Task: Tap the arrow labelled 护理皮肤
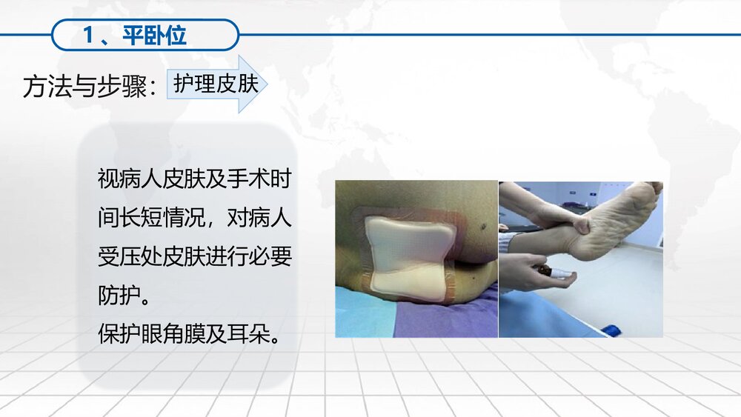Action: click(x=216, y=84)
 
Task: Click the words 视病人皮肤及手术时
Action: click(x=195, y=179)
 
